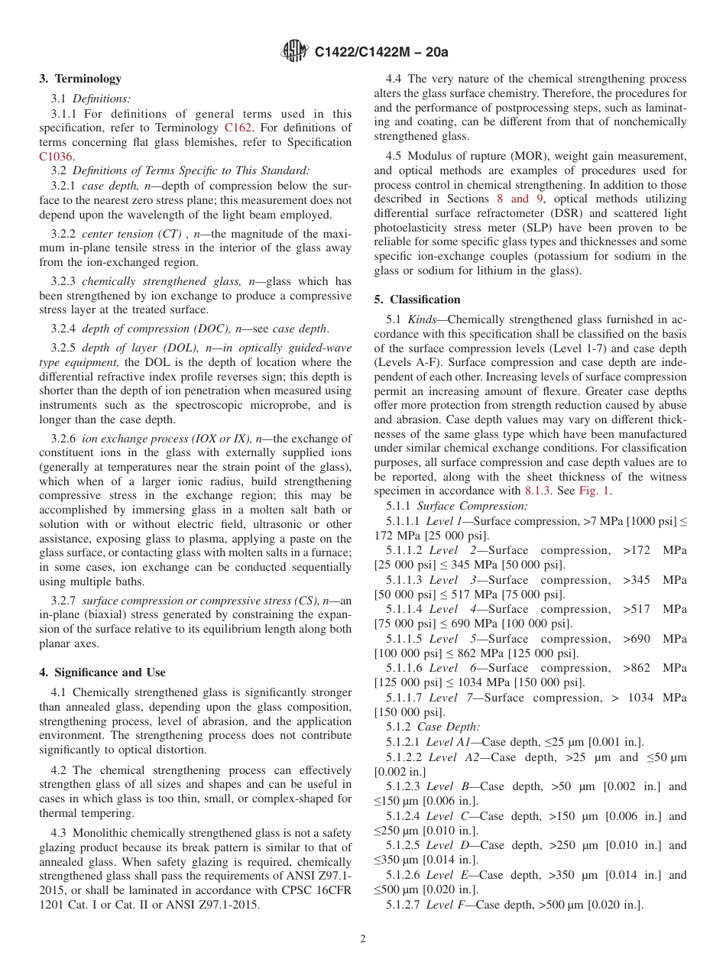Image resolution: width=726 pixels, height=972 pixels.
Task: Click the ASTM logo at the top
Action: (293, 52)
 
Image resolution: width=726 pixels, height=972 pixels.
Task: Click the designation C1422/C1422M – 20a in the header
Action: (381, 53)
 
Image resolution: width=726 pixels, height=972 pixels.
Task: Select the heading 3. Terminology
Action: (80, 79)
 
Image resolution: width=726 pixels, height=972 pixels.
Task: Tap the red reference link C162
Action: (237, 128)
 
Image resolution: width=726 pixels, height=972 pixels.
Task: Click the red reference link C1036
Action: (56, 157)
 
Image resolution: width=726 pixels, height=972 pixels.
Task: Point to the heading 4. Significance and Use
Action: (102, 672)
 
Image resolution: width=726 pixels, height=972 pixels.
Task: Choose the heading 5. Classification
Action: (417, 300)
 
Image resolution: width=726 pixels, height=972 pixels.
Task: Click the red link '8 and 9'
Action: (519, 199)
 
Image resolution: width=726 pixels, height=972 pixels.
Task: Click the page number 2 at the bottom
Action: (363, 939)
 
